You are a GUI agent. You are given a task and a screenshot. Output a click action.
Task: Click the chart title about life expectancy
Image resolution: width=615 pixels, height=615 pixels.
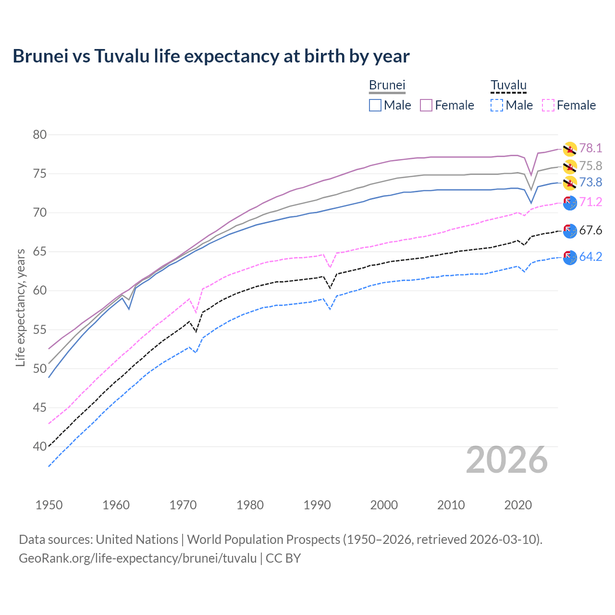(211, 56)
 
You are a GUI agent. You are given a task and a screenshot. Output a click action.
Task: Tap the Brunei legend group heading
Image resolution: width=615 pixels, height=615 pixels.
(387, 85)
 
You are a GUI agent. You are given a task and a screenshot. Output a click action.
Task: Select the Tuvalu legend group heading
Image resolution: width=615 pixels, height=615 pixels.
(508, 85)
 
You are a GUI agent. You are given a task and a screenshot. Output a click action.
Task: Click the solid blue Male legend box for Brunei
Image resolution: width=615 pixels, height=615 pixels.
(375, 105)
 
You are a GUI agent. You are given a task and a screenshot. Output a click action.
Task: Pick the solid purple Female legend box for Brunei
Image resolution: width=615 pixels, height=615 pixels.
(426, 105)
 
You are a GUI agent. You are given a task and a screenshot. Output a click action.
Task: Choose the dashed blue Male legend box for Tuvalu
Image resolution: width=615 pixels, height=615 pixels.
(497, 105)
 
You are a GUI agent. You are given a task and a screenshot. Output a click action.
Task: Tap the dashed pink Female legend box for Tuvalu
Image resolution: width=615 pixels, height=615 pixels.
(548, 105)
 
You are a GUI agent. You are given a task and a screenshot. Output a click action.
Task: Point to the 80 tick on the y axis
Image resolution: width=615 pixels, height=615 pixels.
(40, 135)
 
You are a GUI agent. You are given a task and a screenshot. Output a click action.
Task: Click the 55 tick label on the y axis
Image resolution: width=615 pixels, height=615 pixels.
(40, 330)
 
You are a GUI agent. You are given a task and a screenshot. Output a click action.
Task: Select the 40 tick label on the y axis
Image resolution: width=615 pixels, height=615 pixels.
(40, 447)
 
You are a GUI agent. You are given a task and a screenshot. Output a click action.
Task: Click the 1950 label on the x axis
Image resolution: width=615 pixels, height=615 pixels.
(49, 505)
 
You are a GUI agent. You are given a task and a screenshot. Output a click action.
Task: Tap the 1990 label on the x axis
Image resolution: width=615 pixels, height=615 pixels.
(317, 505)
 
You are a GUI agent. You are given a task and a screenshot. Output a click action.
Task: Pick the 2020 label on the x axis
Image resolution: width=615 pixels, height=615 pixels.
(518, 505)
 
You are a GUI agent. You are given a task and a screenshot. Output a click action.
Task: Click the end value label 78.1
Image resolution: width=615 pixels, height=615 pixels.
(590, 148)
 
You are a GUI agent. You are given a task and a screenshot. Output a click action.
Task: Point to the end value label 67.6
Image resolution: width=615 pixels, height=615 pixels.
(590, 231)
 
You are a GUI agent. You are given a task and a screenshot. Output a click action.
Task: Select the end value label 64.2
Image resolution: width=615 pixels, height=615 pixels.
(590, 257)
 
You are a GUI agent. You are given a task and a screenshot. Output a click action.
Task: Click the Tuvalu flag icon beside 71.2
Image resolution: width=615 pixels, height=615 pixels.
(569, 203)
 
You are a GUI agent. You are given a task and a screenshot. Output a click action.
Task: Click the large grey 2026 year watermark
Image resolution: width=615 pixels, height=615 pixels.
(507, 460)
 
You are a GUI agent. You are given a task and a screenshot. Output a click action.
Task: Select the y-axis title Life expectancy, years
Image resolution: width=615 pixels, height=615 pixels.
(20, 307)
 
